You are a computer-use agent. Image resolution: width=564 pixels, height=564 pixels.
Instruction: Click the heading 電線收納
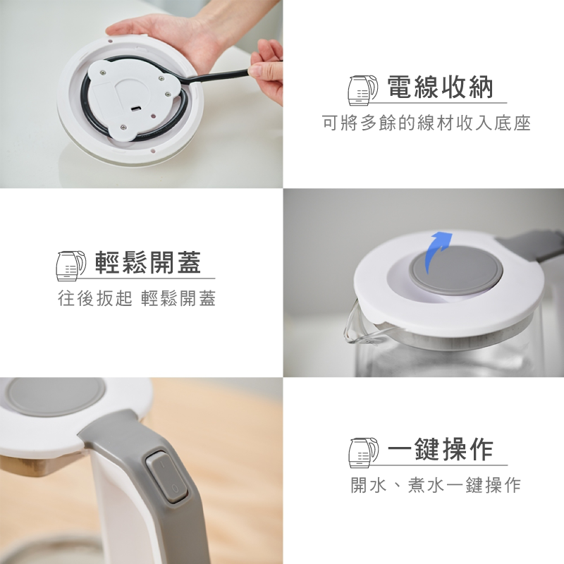(440, 87)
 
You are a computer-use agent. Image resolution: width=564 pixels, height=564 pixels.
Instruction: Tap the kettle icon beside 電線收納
(363, 90)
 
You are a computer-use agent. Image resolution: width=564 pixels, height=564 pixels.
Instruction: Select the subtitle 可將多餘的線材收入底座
(427, 123)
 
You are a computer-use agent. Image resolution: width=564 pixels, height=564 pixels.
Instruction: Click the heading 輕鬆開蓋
(148, 262)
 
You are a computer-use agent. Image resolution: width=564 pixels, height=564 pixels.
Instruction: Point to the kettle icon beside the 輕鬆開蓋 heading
(71, 266)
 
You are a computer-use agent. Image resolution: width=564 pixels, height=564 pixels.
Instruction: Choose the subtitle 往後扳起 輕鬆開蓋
(137, 298)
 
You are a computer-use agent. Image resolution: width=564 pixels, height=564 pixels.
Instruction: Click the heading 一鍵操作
(440, 450)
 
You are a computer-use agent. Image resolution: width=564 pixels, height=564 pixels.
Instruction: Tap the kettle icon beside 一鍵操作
(363, 453)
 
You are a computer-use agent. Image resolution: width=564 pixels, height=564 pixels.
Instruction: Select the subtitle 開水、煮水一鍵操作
(436, 485)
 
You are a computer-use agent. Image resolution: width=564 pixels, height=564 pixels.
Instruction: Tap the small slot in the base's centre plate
(137, 109)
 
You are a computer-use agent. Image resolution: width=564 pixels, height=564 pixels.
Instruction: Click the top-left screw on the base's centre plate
(103, 73)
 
